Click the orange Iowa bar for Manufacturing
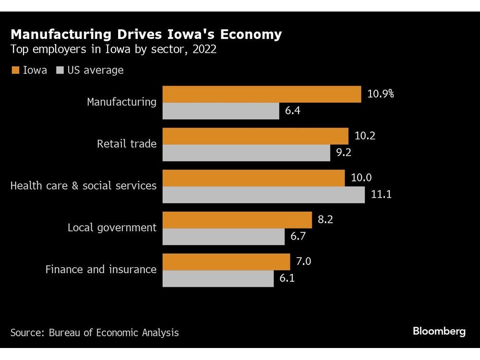tap(262, 94)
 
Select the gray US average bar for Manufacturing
tap(221, 111)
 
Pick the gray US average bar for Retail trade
tap(246, 153)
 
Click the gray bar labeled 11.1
tap(264, 195)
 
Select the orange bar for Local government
tap(237, 220)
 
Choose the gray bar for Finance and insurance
tap(218, 279)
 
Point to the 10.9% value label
tap(381, 94)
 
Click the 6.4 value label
tap(293, 111)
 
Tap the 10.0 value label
tap(361, 178)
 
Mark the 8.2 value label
tap(325, 220)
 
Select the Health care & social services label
tap(84, 185)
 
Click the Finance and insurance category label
tap(101, 269)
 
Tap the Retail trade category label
tap(127, 144)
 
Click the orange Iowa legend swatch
tap(15, 71)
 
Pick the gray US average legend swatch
tap(60, 71)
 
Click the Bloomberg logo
tap(439, 332)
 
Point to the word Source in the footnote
tap(26, 332)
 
